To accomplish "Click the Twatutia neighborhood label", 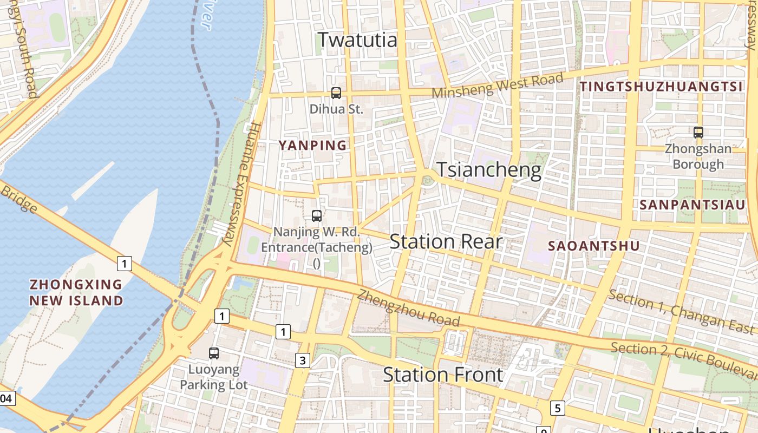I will tap(357, 40).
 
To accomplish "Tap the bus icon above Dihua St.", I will tap(336, 93).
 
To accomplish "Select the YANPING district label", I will tap(312, 145).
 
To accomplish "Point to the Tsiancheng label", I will tap(489, 170).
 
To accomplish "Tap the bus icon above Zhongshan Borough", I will tap(698, 132).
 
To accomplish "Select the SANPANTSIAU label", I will tap(692, 205).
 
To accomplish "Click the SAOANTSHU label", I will tap(594, 246).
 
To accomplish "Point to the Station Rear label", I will tap(446, 241).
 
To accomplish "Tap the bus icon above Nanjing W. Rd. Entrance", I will tap(317, 216).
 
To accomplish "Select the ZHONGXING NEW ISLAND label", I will tap(76, 292).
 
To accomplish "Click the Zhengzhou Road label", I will tap(408, 309).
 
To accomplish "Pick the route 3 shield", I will tap(302, 360).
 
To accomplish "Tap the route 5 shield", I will tap(558, 408).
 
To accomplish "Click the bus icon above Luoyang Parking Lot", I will tap(214, 353).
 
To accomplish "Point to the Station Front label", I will tap(443, 375).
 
